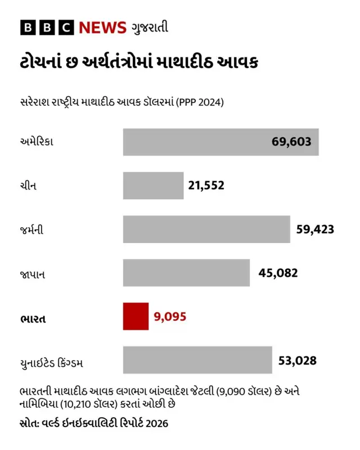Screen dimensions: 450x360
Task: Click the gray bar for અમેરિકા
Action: [x=220, y=142]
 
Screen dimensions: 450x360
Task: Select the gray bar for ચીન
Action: [x=153, y=186]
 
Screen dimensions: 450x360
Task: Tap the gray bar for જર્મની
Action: [x=206, y=229]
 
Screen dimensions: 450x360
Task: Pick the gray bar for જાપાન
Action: [x=186, y=273]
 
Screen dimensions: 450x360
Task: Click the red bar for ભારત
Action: [x=136, y=316]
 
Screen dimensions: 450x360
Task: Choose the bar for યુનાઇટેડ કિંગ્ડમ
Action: [x=197, y=360]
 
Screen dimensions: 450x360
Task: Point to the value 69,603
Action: [x=291, y=142]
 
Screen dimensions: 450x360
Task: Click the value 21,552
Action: [x=206, y=185]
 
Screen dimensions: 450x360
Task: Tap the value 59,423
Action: [x=315, y=229]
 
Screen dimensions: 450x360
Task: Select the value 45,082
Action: [x=278, y=273]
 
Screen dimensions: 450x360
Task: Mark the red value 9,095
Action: [x=170, y=317]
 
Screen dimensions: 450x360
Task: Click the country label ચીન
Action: [x=28, y=186]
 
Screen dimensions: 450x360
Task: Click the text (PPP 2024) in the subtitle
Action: [x=200, y=102]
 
